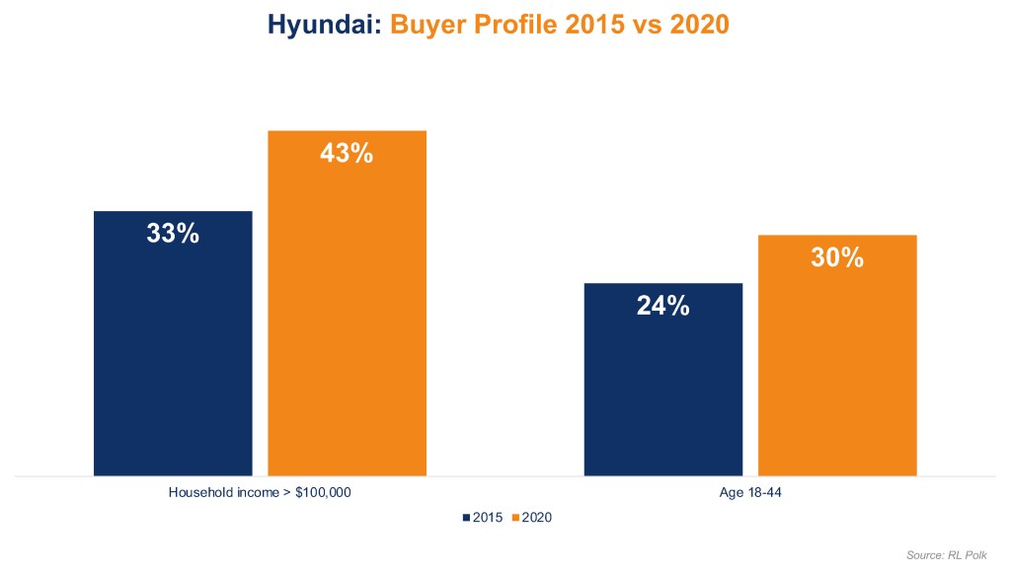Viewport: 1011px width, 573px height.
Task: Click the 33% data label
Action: tap(173, 235)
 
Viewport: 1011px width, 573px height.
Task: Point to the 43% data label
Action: tap(347, 154)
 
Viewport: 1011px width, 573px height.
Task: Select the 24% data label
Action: tap(662, 306)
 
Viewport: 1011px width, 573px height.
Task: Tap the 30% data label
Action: tap(837, 258)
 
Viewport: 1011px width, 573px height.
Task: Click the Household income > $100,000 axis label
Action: tap(260, 492)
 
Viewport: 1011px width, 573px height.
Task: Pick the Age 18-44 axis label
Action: tap(750, 492)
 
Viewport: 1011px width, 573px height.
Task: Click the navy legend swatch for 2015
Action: tap(465, 517)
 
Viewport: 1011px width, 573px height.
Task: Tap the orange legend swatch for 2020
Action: tap(514, 517)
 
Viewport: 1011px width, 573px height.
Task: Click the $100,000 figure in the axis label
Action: tap(323, 492)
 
